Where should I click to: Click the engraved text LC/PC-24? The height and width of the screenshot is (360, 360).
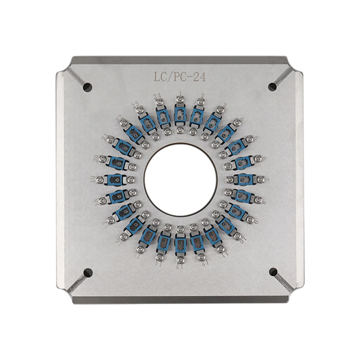point(180,77)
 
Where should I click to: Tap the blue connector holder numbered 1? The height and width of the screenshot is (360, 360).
point(180,115)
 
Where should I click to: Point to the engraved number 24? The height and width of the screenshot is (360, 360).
point(157,96)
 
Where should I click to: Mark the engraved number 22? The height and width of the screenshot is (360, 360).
point(119,118)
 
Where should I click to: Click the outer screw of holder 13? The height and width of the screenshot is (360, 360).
point(180,258)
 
